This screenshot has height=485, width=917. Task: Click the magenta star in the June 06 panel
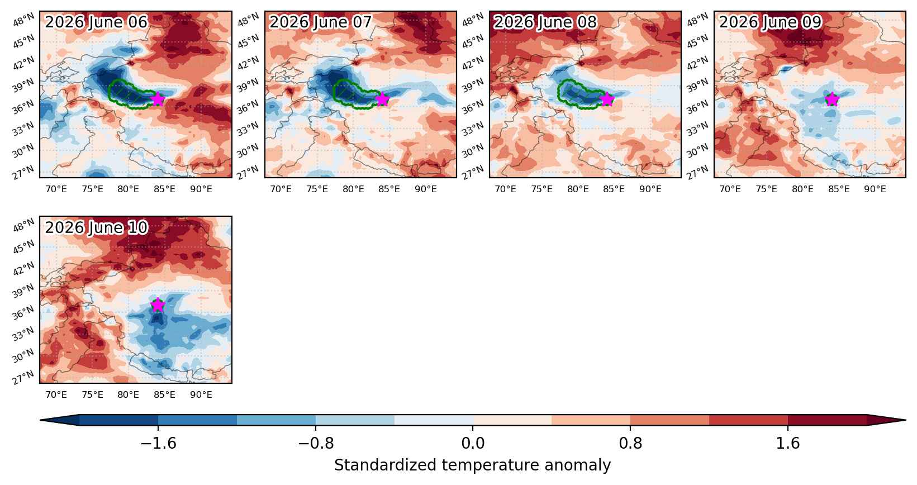pyautogui.click(x=158, y=99)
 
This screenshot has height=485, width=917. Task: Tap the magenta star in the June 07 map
pyautogui.click(x=382, y=99)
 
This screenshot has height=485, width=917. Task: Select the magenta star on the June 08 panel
pyautogui.click(x=607, y=99)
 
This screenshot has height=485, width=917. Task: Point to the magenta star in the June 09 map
pyautogui.click(x=832, y=99)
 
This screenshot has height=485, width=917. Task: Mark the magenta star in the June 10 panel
pyautogui.click(x=158, y=305)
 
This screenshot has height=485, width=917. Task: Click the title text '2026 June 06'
pyautogui.click(x=96, y=22)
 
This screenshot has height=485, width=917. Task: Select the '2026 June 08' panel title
pyautogui.click(x=545, y=22)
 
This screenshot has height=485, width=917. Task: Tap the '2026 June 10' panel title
pyautogui.click(x=96, y=227)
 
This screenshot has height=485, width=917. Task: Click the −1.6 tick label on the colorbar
pyautogui.click(x=158, y=443)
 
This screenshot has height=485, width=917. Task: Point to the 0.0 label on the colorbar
pyautogui.click(x=473, y=443)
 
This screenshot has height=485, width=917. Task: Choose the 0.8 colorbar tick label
pyautogui.click(x=630, y=443)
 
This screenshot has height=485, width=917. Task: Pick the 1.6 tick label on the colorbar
pyautogui.click(x=788, y=443)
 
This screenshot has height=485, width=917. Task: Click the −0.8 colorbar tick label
pyautogui.click(x=316, y=443)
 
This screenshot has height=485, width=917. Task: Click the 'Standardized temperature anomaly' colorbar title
pyautogui.click(x=472, y=465)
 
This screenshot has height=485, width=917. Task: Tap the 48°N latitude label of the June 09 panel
pyautogui.click(x=697, y=20)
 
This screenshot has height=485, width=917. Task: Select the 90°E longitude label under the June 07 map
pyautogui.click(x=426, y=189)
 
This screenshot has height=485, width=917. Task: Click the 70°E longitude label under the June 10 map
pyautogui.click(x=56, y=394)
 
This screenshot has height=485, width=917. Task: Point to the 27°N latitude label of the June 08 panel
pyautogui.click(x=473, y=172)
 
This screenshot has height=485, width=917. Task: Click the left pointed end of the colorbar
pyautogui.click(x=41, y=420)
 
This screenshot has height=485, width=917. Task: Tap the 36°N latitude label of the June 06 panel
pyautogui.click(x=23, y=107)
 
